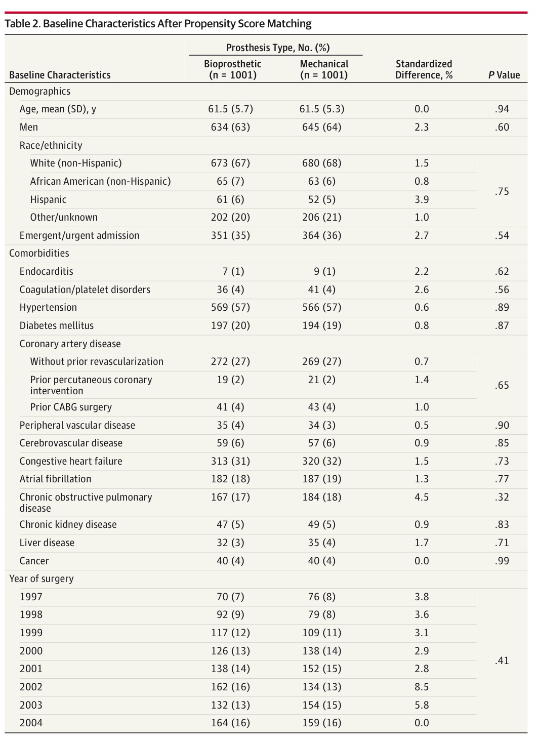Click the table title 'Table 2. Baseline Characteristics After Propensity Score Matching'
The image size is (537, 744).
tap(158, 24)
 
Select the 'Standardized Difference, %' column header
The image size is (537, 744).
tap(424, 69)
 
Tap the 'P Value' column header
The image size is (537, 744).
tap(504, 75)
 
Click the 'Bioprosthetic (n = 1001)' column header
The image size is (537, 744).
tap(232, 69)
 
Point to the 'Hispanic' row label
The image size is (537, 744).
tap(48, 199)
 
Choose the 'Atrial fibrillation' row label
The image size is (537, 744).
tap(55, 479)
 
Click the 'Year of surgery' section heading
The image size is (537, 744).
tap(42, 578)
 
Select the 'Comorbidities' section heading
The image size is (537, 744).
tap(39, 253)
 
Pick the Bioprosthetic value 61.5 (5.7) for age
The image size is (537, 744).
tap(230, 109)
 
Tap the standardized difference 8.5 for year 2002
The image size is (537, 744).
tap(422, 687)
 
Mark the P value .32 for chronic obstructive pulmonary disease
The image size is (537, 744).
tap(502, 497)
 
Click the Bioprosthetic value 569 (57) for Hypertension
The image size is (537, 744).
tap(230, 307)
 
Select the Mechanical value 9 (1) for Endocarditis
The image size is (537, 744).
tap(324, 271)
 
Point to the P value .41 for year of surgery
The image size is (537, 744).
tap(502, 660)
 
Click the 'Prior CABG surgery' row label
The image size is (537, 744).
tap(71, 407)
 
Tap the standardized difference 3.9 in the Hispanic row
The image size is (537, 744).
tap(422, 199)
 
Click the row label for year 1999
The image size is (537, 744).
tap(31, 633)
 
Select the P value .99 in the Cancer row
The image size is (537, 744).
tap(502, 561)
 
